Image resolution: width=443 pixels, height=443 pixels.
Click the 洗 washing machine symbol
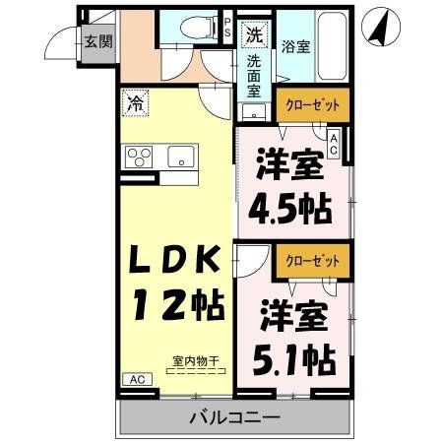point(254,35)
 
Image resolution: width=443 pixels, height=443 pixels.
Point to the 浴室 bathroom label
point(297,46)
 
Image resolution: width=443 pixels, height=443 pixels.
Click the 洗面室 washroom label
point(254,76)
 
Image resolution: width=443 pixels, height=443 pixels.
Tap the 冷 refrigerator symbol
point(133,100)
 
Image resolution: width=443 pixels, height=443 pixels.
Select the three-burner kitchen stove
point(139,157)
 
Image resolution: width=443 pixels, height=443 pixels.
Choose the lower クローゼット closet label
point(308,261)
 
